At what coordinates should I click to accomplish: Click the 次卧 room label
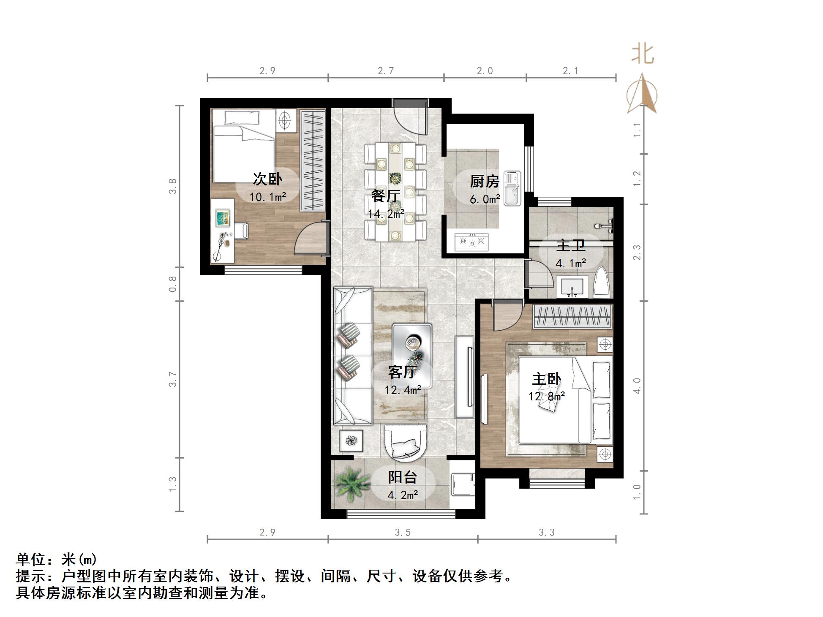(267, 179)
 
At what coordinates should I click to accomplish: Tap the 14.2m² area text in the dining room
(385, 214)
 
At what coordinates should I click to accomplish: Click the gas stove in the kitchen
(471, 242)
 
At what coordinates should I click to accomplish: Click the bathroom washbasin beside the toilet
(572, 286)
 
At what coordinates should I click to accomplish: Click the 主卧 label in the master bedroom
(546, 379)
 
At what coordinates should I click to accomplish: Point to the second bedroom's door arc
(309, 239)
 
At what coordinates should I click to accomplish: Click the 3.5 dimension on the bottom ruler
(402, 533)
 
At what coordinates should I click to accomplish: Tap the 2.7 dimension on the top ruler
(385, 71)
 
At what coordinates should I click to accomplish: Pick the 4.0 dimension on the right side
(637, 385)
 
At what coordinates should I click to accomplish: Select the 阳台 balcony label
(402, 477)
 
